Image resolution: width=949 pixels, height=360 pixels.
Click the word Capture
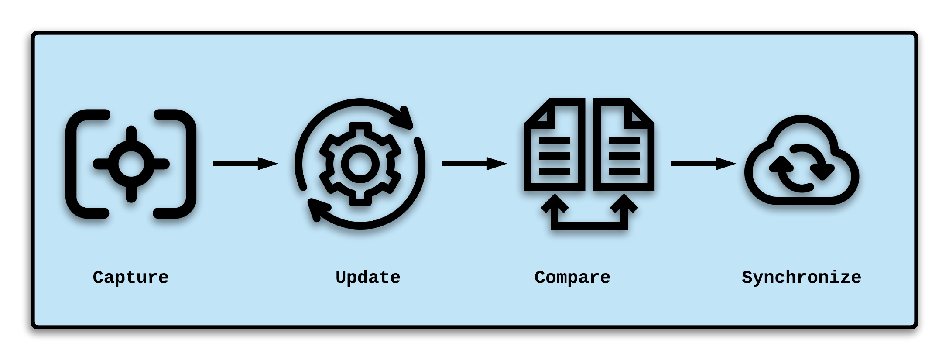tap(130, 278)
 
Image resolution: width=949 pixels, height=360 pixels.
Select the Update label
tap(368, 278)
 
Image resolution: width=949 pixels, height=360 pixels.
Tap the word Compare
tap(572, 278)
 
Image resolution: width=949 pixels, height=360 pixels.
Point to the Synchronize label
tap(801, 278)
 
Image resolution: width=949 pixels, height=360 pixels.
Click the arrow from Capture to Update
tap(245, 164)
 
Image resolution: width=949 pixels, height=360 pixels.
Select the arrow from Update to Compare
tap(474, 164)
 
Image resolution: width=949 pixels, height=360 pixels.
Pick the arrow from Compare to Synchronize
tap(703, 164)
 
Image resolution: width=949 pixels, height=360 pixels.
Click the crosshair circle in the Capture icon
tap(131, 164)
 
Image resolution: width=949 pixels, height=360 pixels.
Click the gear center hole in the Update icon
tap(360, 164)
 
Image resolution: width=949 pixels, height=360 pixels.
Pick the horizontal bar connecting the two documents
tap(589, 226)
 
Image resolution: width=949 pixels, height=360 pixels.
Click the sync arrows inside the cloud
tap(802, 168)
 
